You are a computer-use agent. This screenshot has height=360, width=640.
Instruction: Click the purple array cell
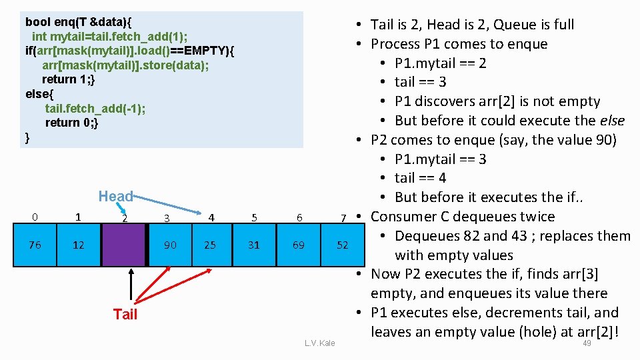point(123,245)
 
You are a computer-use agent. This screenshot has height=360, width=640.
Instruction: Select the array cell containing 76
point(35,245)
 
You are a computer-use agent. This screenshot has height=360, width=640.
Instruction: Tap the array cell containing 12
point(79,245)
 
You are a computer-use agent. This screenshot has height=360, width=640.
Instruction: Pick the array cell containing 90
point(170,245)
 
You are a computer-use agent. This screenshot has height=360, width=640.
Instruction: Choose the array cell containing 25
point(210,245)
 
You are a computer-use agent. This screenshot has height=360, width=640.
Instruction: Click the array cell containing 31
point(254,245)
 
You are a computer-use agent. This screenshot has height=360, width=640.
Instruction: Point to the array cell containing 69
point(299,245)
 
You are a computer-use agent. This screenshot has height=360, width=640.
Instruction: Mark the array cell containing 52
point(343,245)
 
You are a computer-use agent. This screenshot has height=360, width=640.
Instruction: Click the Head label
point(115,196)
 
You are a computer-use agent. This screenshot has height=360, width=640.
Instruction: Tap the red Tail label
point(125,315)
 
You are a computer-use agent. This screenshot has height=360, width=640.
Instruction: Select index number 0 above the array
point(35,217)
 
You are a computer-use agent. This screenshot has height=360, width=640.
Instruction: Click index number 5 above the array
point(254,217)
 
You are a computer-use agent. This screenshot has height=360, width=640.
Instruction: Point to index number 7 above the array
point(343,218)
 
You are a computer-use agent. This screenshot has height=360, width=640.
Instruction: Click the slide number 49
point(587,343)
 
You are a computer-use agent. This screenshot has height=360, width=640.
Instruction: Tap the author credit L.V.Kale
point(319,343)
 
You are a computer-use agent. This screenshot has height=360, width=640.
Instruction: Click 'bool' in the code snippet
point(37,21)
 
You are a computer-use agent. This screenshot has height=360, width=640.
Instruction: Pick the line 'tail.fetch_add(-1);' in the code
point(95,108)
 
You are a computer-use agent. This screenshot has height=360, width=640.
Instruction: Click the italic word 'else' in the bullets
point(611,121)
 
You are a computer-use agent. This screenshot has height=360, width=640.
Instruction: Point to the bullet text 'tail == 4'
point(420,178)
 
